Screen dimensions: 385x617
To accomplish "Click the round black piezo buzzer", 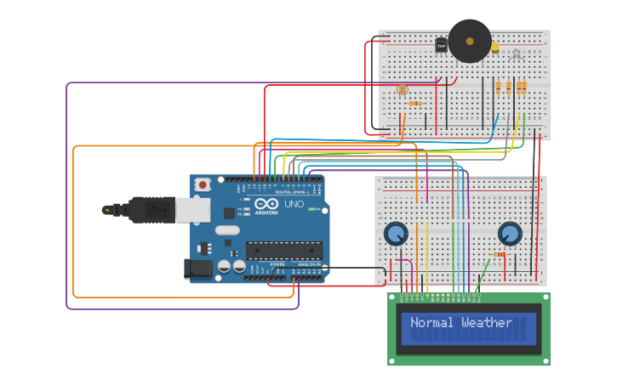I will pyautogui.click(x=470, y=41).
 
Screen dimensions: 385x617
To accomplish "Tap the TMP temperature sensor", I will pyautogui.click(x=442, y=46).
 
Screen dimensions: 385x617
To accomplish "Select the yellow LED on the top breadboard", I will pyautogui.click(x=494, y=48).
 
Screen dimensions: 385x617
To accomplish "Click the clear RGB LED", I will pyautogui.click(x=515, y=55).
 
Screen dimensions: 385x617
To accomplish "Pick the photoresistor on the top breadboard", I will pyautogui.click(x=403, y=89).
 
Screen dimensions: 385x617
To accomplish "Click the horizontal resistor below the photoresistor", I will pyautogui.click(x=414, y=104).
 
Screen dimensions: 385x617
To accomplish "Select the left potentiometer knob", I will pyautogui.click(x=395, y=233).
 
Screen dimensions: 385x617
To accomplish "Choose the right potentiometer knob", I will pyautogui.click(x=509, y=233).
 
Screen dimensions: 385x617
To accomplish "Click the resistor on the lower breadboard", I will pyautogui.click(x=499, y=254).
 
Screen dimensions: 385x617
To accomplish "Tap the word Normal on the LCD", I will pyautogui.click(x=431, y=323).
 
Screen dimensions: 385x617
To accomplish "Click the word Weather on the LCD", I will pyautogui.click(x=487, y=323).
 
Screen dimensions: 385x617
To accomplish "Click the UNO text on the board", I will pyautogui.click(x=293, y=205).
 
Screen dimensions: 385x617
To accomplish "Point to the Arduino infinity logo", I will pyautogui.click(x=265, y=205).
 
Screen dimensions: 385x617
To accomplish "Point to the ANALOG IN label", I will pyautogui.click(x=308, y=264).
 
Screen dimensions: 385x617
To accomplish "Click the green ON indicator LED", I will pyautogui.click(x=313, y=209).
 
